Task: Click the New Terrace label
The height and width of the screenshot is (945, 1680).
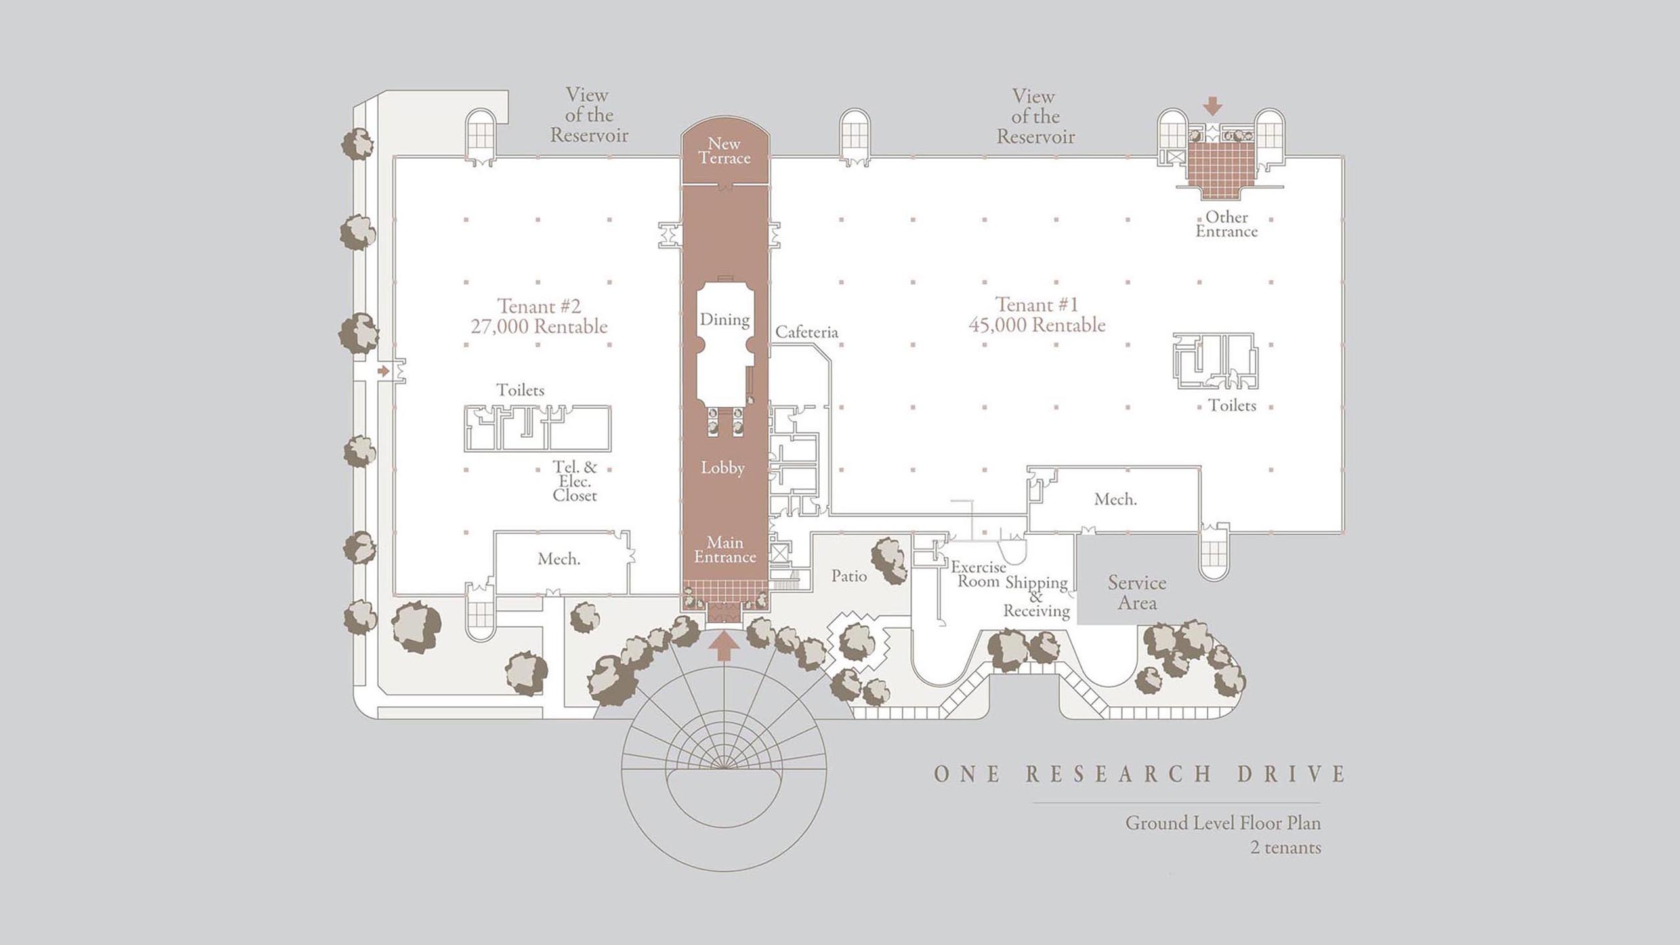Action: pyautogui.click(x=724, y=151)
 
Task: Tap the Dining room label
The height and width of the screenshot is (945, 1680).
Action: pyautogui.click(x=724, y=320)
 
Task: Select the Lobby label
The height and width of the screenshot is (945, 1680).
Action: pyautogui.click(x=723, y=468)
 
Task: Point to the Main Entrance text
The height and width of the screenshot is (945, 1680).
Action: pyautogui.click(x=725, y=550)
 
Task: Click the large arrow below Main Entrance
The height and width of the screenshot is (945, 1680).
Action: pyautogui.click(x=724, y=645)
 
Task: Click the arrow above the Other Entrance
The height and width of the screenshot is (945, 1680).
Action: pyautogui.click(x=1213, y=106)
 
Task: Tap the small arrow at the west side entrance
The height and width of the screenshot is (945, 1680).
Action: pyautogui.click(x=383, y=371)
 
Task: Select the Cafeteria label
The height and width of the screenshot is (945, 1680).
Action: pyautogui.click(x=807, y=332)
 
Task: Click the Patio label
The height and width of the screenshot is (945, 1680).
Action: pyautogui.click(x=849, y=576)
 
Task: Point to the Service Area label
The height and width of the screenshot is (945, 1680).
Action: pyautogui.click(x=1137, y=593)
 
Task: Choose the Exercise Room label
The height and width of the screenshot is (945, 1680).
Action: pyautogui.click(x=978, y=574)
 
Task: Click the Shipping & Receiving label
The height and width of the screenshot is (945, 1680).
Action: pyautogui.click(x=1036, y=597)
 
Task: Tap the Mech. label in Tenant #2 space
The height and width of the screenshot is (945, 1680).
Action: pyautogui.click(x=558, y=559)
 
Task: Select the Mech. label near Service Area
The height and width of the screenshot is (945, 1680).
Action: pyautogui.click(x=1116, y=499)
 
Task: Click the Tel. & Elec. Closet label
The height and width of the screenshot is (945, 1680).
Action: pyautogui.click(x=575, y=481)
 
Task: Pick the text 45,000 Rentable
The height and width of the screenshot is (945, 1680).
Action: pyautogui.click(x=1037, y=325)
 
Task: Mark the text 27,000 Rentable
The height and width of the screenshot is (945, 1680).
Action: pyautogui.click(x=539, y=327)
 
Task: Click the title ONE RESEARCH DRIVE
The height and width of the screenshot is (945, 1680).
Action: pyautogui.click(x=1140, y=774)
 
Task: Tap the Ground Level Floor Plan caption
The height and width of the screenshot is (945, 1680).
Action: pyautogui.click(x=1223, y=823)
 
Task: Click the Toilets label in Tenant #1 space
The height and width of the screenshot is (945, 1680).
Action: pyautogui.click(x=1232, y=406)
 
